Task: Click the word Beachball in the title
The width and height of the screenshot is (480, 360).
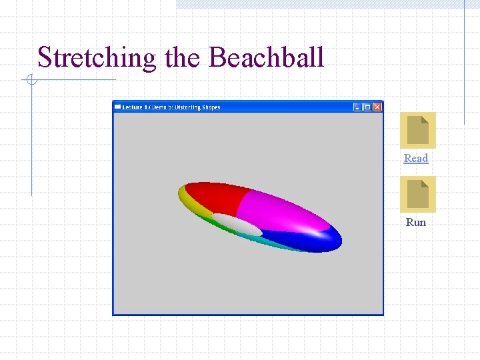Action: point(266,57)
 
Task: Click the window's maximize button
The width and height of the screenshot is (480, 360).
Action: point(367,107)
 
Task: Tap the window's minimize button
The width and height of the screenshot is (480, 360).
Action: point(357,107)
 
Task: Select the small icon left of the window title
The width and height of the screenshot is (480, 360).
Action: point(118,107)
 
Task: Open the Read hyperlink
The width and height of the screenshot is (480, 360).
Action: point(416,158)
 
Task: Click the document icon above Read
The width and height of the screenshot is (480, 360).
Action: point(417,130)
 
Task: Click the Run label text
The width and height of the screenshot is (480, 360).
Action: point(416,222)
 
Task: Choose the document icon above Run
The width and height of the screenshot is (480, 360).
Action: point(417,194)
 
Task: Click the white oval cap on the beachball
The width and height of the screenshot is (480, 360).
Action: point(237,224)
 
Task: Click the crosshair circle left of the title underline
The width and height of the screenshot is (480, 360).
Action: point(30,81)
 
